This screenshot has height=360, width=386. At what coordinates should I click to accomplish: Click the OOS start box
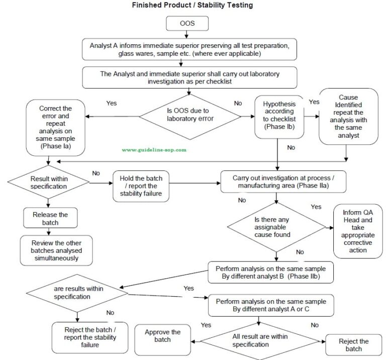coord(186,23)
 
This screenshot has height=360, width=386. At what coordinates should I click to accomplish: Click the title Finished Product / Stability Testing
coord(192,6)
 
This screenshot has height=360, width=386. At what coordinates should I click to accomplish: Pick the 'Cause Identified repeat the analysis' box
coord(349,116)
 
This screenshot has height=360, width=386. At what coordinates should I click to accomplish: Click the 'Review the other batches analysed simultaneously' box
coord(57,250)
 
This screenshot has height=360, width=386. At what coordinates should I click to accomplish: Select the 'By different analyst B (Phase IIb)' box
coord(271,273)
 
